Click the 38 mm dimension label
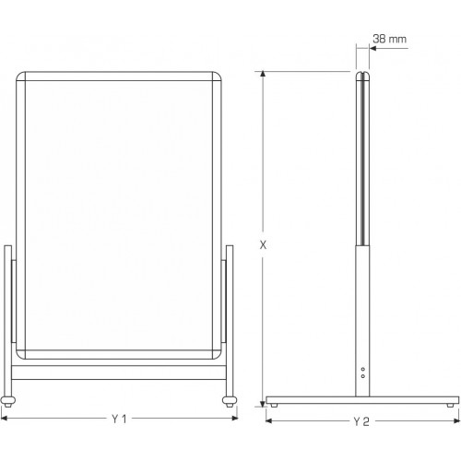[389, 39]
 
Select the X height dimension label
[263, 245]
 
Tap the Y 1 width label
[119, 419]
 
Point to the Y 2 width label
[361, 421]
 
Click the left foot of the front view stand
[8, 401]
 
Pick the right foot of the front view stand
[230, 401]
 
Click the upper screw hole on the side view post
[363, 369]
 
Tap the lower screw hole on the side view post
[363, 376]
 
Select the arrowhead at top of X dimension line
[263, 74]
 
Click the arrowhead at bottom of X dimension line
[263, 404]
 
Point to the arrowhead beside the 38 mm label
[372, 48]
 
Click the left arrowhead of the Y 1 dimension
[4, 418]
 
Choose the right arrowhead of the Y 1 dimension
[235, 418]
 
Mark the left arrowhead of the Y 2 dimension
[269, 420]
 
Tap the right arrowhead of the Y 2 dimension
[456, 420]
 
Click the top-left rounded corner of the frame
[19, 75]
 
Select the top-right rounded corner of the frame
[218, 75]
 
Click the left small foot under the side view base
[274, 406]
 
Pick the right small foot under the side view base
[450, 406]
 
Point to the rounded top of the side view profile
[362, 74]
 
